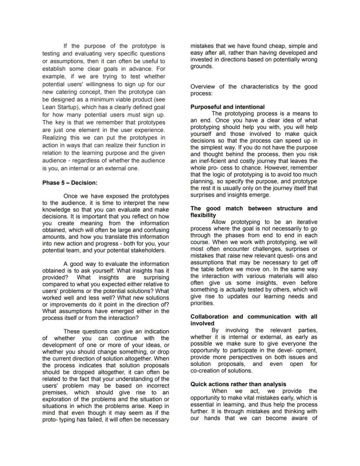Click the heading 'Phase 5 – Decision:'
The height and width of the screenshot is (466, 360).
70,183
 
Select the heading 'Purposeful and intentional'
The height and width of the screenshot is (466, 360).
227,107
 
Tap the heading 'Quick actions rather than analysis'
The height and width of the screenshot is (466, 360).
238,384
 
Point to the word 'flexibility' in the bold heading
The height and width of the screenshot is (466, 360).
203,215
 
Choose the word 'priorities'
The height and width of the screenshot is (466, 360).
203,303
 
